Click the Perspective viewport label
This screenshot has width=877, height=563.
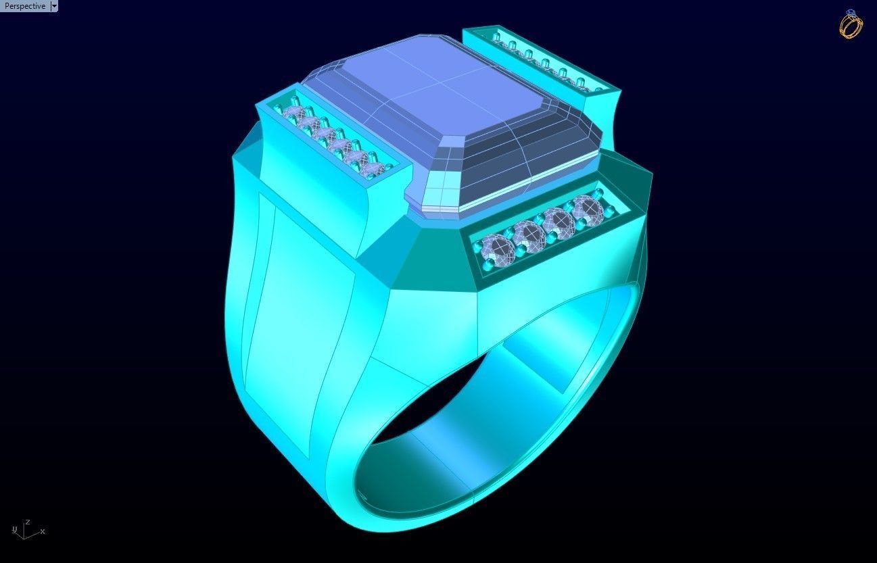(24, 6)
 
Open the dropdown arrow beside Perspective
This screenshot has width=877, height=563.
(54, 6)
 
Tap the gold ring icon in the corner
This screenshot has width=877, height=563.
(851, 24)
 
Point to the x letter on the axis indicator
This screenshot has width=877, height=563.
(43, 531)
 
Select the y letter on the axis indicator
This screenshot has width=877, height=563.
(14, 528)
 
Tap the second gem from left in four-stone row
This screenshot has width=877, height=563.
(529, 233)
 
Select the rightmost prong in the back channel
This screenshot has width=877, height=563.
(599, 86)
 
